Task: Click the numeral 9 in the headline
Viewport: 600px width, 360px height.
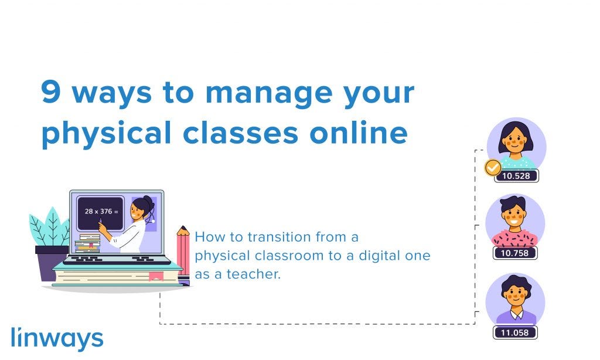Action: pyautogui.click(x=52, y=92)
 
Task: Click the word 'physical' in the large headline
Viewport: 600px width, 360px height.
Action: pyautogui.click(x=106, y=134)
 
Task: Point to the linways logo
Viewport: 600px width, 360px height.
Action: pyautogui.click(x=57, y=338)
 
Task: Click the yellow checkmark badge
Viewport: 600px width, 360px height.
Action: pyautogui.click(x=493, y=167)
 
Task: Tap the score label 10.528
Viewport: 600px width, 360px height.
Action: pyautogui.click(x=516, y=176)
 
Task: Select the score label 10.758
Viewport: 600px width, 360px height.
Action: pyautogui.click(x=514, y=253)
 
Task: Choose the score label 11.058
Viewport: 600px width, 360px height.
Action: pyautogui.click(x=514, y=332)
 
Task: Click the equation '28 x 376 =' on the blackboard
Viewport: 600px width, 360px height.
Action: pyautogui.click(x=101, y=211)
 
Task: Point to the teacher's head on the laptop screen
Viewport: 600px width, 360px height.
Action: pyautogui.click(x=141, y=209)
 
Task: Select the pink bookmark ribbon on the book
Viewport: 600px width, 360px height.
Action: pyautogui.click(x=156, y=276)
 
